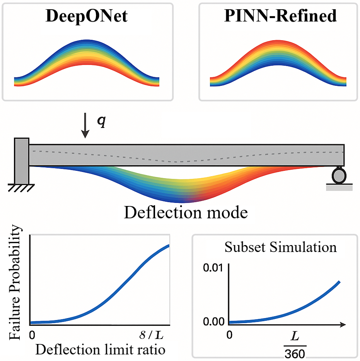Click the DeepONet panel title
pyautogui.click(x=87, y=16)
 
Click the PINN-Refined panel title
pyautogui.click(x=280, y=16)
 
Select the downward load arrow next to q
pyautogui.click(x=85, y=126)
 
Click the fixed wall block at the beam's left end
pyautogui.click(x=22, y=161)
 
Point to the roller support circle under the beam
pyautogui.click(x=339, y=176)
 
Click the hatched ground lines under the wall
pyautogui.click(x=21, y=188)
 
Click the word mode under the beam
pyautogui.click(x=227, y=212)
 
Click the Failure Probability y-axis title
pyautogui.click(x=15, y=282)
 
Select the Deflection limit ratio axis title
pyautogui.click(x=101, y=349)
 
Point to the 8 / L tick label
pyautogui.click(x=151, y=335)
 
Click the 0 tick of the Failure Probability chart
pyautogui.click(x=32, y=335)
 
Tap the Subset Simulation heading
pyautogui.click(x=281, y=247)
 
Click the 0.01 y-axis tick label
pyautogui.click(x=213, y=268)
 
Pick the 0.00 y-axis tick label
pyautogui.click(x=213, y=322)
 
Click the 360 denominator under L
pyautogui.click(x=295, y=354)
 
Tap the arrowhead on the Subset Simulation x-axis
pyautogui.click(x=343, y=324)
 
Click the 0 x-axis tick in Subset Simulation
pyautogui.click(x=229, y=335)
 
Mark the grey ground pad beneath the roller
pyautogui.click(x=339, y=188)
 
